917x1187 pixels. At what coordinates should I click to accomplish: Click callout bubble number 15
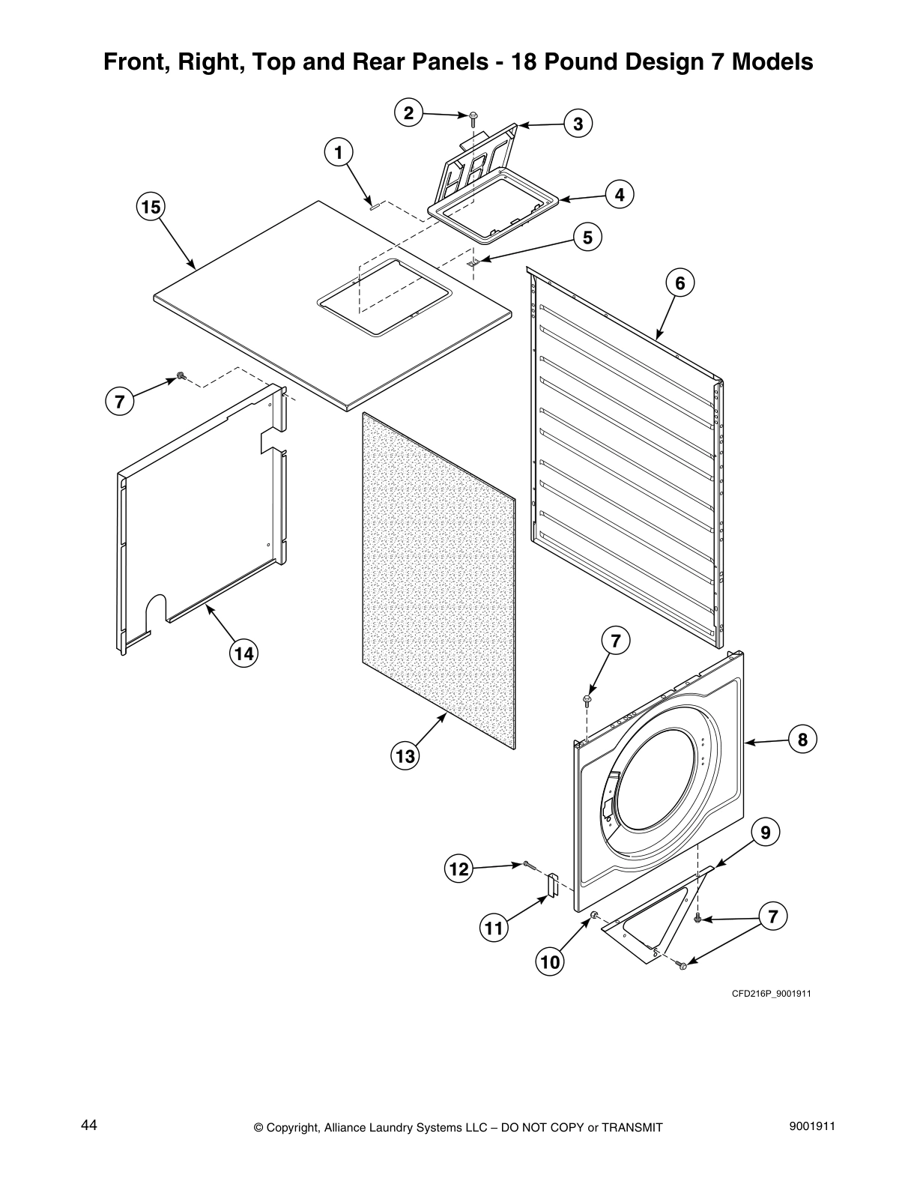(x=151, y=207)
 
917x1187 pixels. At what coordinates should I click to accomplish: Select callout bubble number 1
(x=338, y=153)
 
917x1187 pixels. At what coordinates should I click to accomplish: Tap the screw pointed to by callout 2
(x=473, y=117)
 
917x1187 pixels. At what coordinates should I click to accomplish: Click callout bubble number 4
(x=619, y=195)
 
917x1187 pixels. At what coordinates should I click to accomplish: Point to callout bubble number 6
(x=680, y=283)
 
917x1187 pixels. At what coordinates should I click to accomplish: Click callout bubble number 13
(x=405, y=756)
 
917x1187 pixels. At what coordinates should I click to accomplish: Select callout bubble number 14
(x=243, y=653)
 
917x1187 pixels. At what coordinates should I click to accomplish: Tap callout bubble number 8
(x=802, y=740)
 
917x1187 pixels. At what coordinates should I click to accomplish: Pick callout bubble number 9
(x=765, y=832)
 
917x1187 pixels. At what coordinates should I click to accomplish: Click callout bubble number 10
(x=550, y=961)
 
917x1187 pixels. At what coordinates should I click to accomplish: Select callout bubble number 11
(x=493, y=929)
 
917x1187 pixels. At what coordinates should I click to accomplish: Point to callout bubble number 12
(x=458, y=869)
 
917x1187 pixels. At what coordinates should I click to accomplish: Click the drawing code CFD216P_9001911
(x=772, y=994)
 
